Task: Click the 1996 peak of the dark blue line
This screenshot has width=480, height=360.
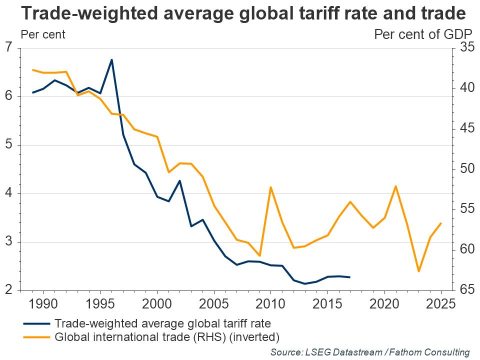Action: pyautogui.click(x=111, y=60)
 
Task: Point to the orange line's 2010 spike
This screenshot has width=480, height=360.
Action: pyautogui.click(x=270, y=187)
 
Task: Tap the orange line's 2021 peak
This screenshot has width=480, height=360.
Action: pyautogui.click(x=396, y=186)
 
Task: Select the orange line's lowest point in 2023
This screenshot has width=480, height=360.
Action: pyautogui.click(x=418, y=271)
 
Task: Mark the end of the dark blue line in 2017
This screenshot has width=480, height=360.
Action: pyautogui.click(x=350, y=277)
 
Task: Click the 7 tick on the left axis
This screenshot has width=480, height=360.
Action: pyautogui.click(x=8, y=48)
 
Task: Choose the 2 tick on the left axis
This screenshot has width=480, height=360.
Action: pyautogui.click(x=8, y=290)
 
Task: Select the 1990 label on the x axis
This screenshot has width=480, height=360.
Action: pyautogui.click(x=43, y=303)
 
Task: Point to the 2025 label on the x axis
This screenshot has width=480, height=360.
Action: pyautogui.click(x=441, y=303)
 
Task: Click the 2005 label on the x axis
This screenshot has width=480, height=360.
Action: pyautogui.click(x=214, y=303)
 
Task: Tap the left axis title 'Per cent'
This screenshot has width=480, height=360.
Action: pyautogui.click(x=42, y=35)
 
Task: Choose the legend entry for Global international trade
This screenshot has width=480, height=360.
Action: pyautogui.click(x=167, y=336)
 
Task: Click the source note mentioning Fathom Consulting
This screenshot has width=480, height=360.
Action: pyautogui.click(x=370, y=352)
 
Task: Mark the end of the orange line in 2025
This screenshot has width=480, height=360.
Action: pyautogui.click(x=441, y=223)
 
